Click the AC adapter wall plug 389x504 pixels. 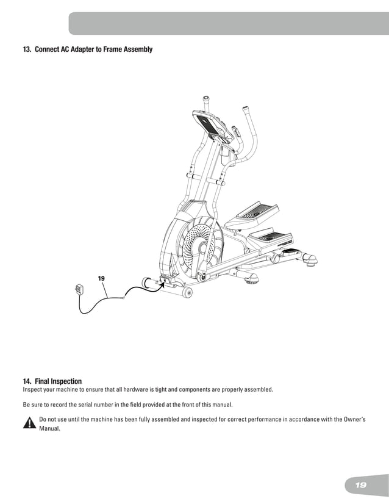tap(78, 290)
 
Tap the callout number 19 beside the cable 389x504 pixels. tap(101, 278)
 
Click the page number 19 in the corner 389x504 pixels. tap(360, 485)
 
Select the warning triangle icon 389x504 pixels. tap(29, 423)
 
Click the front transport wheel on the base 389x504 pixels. tap(187, 293)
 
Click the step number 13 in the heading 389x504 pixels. tap(27, 49)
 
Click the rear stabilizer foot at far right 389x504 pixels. tap(311, 261)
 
